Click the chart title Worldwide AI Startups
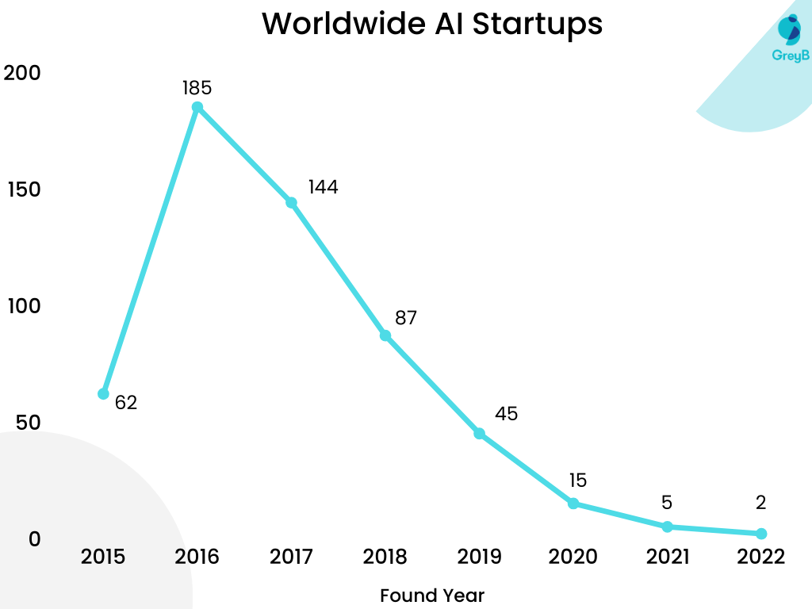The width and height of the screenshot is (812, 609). pos(432,24)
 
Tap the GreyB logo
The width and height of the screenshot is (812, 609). pos(789,38)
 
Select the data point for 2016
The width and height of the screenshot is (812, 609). pos(197,108)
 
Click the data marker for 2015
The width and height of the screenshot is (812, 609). pos(103,393)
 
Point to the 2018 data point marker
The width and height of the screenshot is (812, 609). pos(385,335)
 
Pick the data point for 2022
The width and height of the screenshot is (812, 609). pos(761,534)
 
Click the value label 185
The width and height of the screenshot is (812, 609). pos(197,87)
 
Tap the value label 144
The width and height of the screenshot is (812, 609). pos(323,187)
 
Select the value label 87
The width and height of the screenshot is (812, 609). pos(406,318)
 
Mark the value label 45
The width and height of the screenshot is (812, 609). pos(506,414)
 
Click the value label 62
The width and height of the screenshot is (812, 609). pos(126,403)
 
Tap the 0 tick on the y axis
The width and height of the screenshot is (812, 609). pos(34,539)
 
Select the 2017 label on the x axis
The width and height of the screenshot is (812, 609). pos(291,557)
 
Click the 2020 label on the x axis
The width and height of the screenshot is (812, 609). pos(573,557)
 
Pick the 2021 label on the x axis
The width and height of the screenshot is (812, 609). pos(667,557)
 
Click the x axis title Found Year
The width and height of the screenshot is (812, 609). pos(432,595)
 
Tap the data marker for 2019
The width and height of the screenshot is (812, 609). pos(479,434)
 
